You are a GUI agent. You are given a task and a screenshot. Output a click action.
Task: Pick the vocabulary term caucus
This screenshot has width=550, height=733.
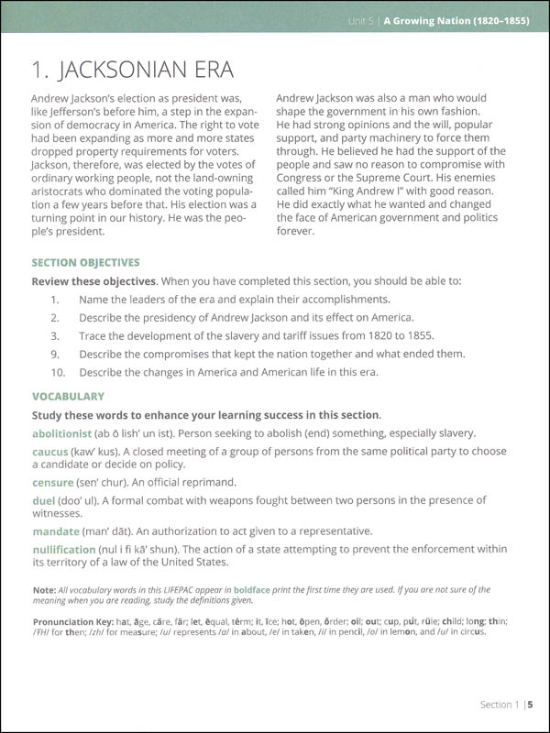(x=52, y=452)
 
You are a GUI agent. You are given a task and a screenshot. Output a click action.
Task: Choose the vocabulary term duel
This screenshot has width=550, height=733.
(x=45, y=501)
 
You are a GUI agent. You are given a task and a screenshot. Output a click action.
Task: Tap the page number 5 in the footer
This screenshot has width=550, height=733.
(x=530, y=705)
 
